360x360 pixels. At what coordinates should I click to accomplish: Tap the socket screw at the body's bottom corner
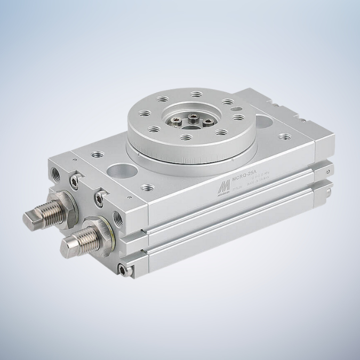pos(125,271)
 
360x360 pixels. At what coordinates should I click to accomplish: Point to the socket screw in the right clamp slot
pos(99,197)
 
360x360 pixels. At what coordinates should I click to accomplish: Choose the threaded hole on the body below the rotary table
pos(149,187)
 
